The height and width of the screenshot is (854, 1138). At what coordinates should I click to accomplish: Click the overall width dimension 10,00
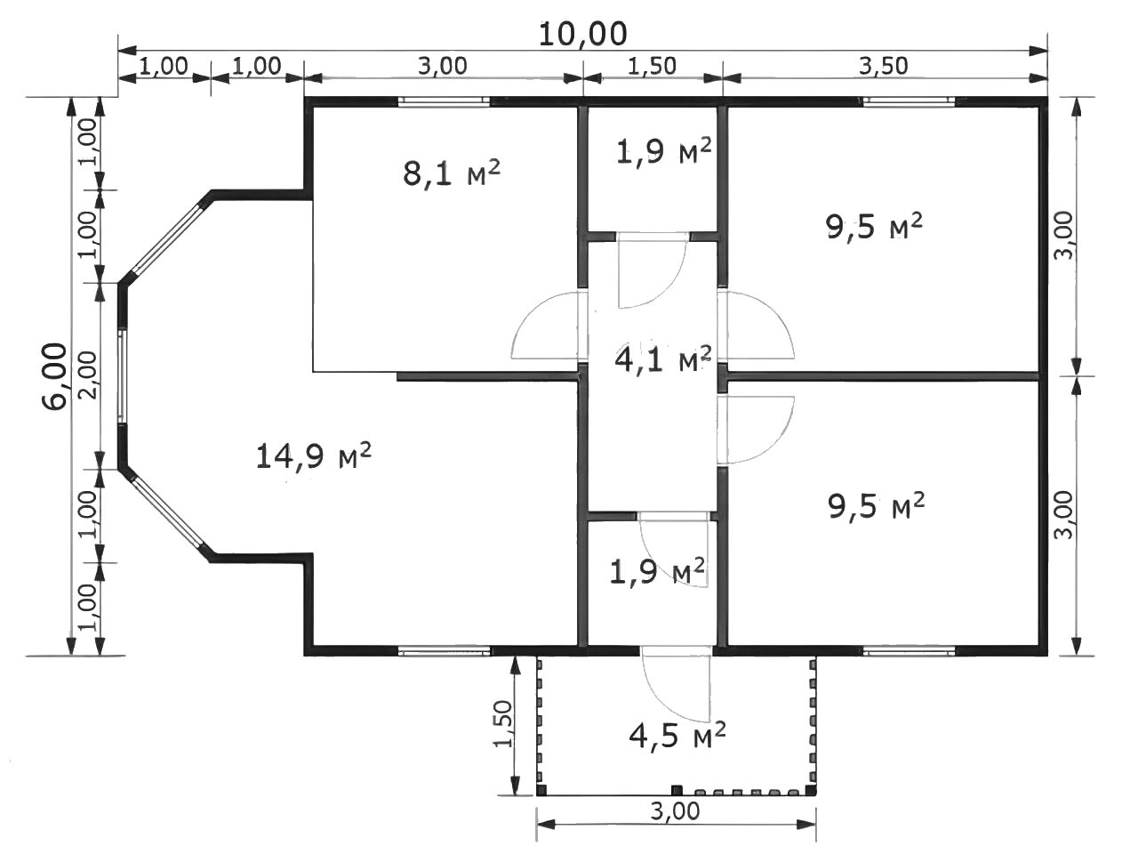(x=583, y=34)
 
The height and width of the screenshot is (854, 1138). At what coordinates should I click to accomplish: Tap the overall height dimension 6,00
(x=55, y=376)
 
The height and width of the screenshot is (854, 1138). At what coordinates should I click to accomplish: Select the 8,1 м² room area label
(x=452, y=173)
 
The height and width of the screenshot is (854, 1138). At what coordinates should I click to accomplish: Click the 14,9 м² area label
(x=314, y=455)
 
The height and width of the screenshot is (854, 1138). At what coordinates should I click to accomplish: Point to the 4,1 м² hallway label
(x=662, y=359)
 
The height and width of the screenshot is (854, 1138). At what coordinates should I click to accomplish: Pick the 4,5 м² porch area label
(x=677, y=735)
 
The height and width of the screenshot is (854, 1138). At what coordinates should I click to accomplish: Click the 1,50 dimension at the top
(x=653, y=66)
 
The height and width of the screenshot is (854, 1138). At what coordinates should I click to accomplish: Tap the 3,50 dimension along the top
(x=884, y=66)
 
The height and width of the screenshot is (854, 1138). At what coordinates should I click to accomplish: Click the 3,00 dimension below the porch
(x=676, y=811)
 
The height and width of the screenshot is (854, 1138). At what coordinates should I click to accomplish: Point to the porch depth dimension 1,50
(x=503, y=724)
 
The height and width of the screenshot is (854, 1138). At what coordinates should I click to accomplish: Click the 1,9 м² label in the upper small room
(x=663, y=151)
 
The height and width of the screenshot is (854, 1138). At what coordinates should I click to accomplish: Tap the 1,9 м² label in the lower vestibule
(x=657, y=571)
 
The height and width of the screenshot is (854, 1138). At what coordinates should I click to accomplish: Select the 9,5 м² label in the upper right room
(x=875, y=227)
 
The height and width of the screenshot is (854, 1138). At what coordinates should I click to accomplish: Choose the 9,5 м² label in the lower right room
(x=877, y=505)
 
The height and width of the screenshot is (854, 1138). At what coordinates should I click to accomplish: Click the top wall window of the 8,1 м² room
(x=444, y=101)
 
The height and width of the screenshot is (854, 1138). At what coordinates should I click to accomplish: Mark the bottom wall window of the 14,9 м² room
(x=444, y=651)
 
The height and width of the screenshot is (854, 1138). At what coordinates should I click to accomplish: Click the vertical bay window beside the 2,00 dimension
(x=121, y=376)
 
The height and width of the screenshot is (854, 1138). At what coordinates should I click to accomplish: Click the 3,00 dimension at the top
(x=443, y=66)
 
